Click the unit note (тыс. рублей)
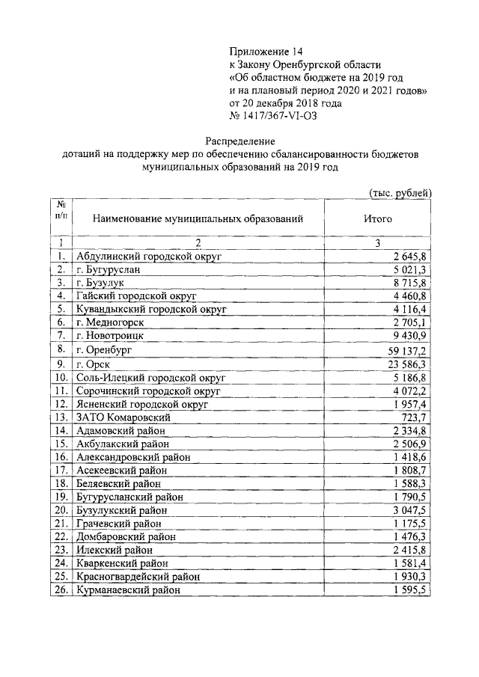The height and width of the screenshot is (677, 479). click(402, 192)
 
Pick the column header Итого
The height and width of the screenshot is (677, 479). click(377, 219)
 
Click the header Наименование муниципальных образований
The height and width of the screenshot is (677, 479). click(198, 219)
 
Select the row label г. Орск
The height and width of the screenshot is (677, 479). click(94, 364)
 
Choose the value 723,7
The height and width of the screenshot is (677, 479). click(414, 416)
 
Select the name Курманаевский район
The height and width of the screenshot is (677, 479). click(128, 589)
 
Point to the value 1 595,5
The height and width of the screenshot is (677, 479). click(410, 589)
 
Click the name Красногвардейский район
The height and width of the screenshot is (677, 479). click(138, 576)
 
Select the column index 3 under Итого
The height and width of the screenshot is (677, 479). click(378, 243)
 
